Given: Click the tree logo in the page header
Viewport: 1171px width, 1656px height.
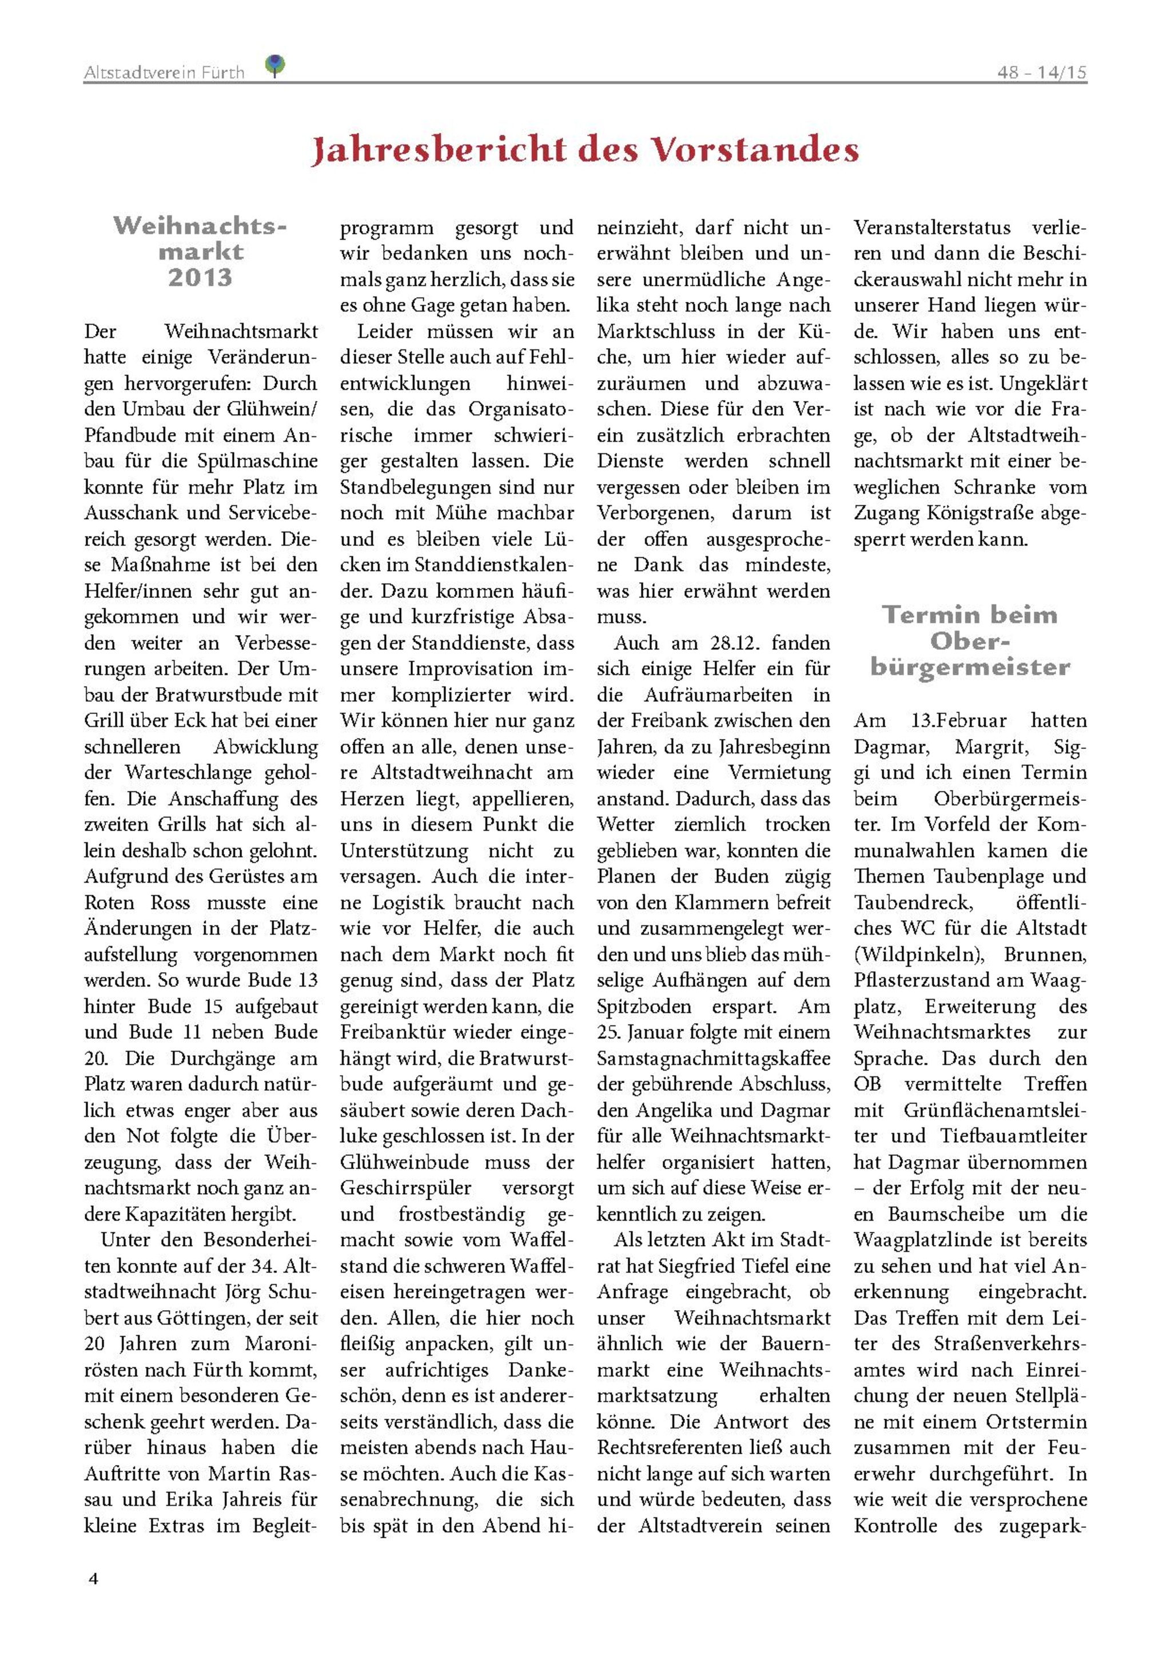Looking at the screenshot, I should pyautogui.click(x=275, y=66).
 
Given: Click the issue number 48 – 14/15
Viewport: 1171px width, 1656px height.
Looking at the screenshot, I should pyautogui.click(x=1041, y=72).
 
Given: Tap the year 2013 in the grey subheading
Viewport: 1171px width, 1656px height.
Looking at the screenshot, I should pyautogui.click(x=200, y=278).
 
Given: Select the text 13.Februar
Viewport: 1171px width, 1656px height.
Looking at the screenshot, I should pyautogui.click(x=959, y=720).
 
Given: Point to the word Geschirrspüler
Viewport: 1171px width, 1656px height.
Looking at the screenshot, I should pyautogui.click(x=405, y=1188).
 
